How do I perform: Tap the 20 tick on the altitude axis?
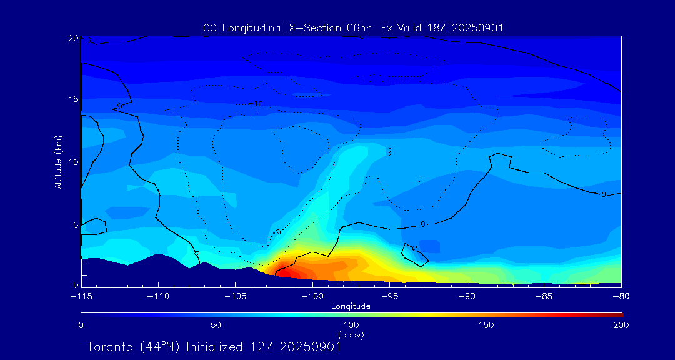coord(72,39)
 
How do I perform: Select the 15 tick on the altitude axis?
coord(72,99)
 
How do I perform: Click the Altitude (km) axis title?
coord(58,162)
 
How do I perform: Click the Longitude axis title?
coord(351,306)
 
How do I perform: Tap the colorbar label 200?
coord(621,325)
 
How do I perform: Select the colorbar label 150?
coord(486,325)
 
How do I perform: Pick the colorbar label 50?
coord(216,325)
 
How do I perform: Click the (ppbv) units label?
coord(351,335)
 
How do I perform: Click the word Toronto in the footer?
coord(110,347)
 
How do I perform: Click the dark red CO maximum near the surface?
coord(284,272)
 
